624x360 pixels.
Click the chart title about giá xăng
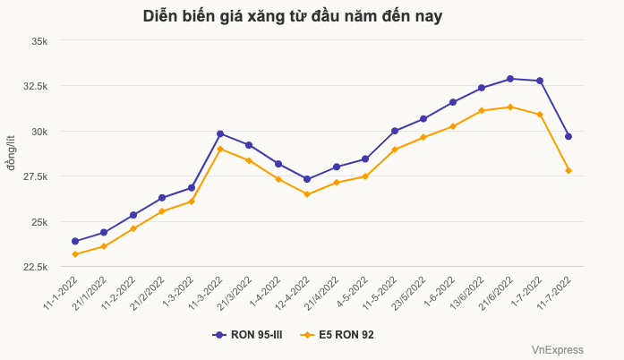pos(293,16)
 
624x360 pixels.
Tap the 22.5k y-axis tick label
pos(43,268)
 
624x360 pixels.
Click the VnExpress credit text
pos(557,350)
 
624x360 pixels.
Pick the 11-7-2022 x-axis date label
pos(553,294)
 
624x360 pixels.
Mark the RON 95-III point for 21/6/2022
pos(510,79)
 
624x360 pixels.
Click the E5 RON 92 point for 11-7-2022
pos(568,170)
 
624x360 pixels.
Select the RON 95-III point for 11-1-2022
pos(75,241)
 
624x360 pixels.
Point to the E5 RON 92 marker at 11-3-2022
pos(220,149)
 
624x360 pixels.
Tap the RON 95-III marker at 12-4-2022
pos(307,179)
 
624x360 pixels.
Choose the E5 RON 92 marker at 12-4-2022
pos(307,194)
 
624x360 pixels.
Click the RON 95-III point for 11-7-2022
pos(568,136)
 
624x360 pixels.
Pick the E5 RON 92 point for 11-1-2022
pos(75,254)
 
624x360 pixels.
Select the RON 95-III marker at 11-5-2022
pos(395,131)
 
